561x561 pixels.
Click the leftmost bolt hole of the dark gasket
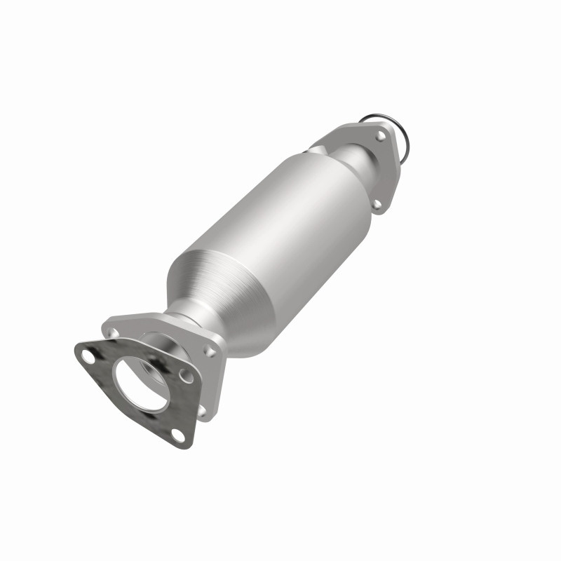tap(88, 356)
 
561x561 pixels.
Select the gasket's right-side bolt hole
tap(187, 377)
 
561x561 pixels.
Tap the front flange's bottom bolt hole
tap(203, 411)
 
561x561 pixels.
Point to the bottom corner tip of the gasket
tap(184, 444)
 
